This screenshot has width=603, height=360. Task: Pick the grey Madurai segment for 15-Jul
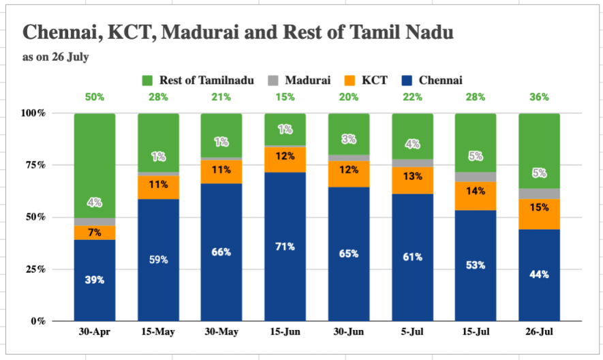click(476, 177)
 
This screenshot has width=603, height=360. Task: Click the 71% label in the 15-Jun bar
click(285, 246)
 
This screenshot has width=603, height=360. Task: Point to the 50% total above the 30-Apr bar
click(95, 97)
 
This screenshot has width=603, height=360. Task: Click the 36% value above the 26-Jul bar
click(539, 97)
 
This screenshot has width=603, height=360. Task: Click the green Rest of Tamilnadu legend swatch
click(147, 80)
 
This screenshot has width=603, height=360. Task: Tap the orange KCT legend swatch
click(350, 80)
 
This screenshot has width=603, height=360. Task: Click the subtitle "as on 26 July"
click(56, 57)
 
